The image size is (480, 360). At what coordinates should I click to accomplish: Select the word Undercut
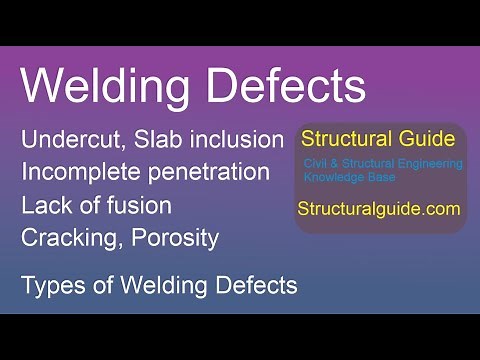tap(70, 140)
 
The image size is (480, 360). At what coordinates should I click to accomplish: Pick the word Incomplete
tap(81, 173)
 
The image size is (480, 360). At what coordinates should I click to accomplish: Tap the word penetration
tap(209, 173)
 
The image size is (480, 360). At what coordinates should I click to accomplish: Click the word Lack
tap(44, 206)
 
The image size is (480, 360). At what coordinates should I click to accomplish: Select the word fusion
tap(132, 206)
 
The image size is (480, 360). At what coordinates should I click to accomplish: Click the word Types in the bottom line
tap(49, 286)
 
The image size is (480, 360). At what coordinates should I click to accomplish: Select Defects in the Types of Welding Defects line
tap(254, 286)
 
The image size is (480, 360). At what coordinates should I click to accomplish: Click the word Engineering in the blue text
tap(428, 164)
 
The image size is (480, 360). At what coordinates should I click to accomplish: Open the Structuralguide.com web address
tap(378, 210)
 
